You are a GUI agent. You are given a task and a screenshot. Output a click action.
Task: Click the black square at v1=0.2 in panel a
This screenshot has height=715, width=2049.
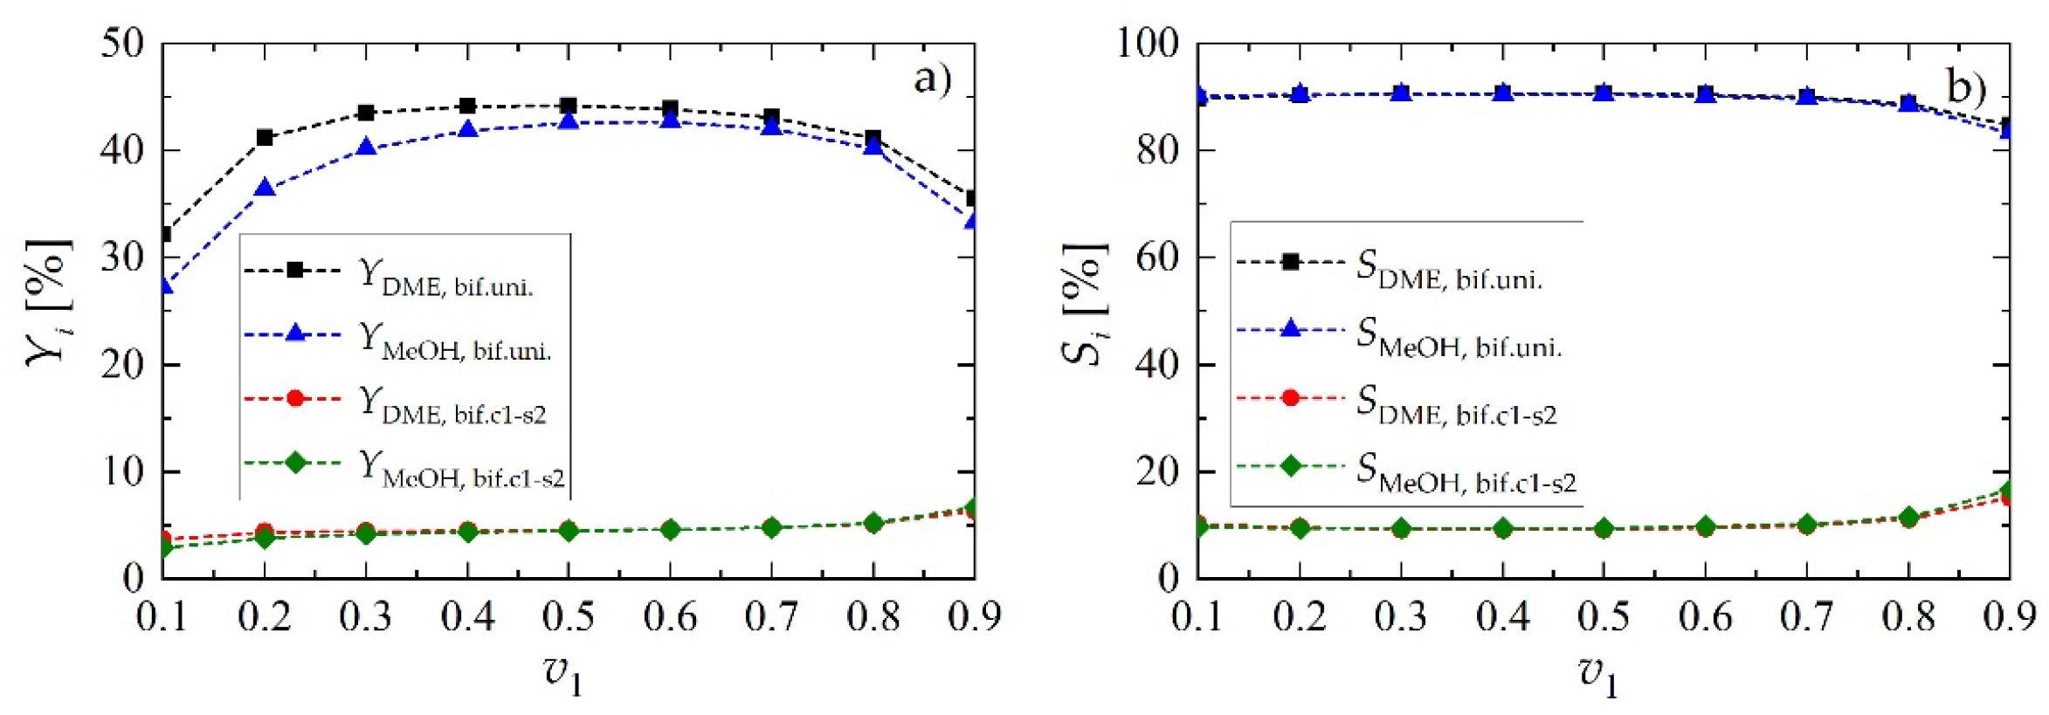(x=265, y=137)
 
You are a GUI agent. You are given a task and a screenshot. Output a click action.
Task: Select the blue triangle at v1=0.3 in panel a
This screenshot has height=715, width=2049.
(x=366, y=148)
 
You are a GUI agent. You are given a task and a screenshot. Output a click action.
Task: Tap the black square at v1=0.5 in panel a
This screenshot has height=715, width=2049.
(x=569, y=107)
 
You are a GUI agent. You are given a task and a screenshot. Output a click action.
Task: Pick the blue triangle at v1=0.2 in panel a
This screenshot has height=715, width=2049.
(x=265, y=189)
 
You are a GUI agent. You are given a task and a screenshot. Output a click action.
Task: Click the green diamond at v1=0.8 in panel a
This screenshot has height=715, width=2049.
(x=873, y=523)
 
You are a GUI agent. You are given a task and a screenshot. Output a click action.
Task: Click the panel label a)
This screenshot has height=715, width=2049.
(x=932, y=80)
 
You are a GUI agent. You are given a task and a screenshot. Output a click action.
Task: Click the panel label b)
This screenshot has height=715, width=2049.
(x=1966, y=87)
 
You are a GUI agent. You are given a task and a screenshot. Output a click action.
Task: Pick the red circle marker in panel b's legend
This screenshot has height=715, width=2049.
(x=1290, y=398)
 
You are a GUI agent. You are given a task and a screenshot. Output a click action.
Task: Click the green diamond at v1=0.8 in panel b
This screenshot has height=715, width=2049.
(x=1908, y=517)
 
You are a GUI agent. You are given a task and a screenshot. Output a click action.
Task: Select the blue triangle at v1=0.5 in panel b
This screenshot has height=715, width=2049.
(x=1604, y=93)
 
